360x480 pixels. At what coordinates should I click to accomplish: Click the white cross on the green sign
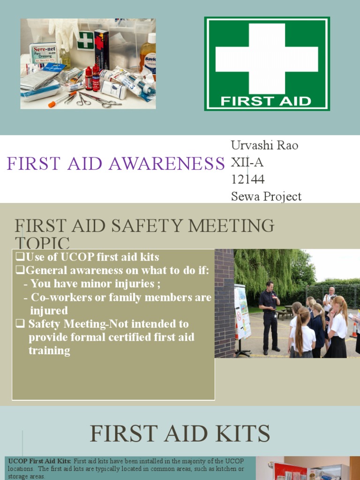point(266,59)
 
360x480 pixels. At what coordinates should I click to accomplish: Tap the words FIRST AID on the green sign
point(266,101)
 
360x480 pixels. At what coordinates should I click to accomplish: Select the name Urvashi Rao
point(264,145)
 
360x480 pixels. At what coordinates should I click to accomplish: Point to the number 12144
point(247,180)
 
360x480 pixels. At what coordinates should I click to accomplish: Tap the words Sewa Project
point(266,196)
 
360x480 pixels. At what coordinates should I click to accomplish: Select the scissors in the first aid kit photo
point(84,98)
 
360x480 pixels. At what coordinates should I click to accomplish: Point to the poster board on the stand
point(242,312)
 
